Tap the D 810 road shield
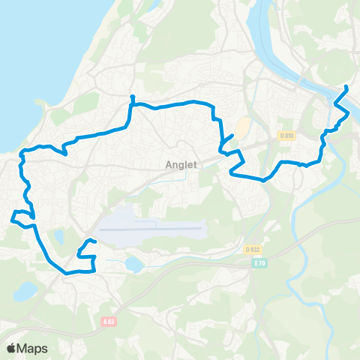(284, 136)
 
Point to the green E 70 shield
(260, 263)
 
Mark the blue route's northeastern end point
(346, 88)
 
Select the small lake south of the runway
(133, 264)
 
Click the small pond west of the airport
(58, 238)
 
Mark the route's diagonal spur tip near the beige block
(232, 136)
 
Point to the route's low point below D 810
(263, 180)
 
